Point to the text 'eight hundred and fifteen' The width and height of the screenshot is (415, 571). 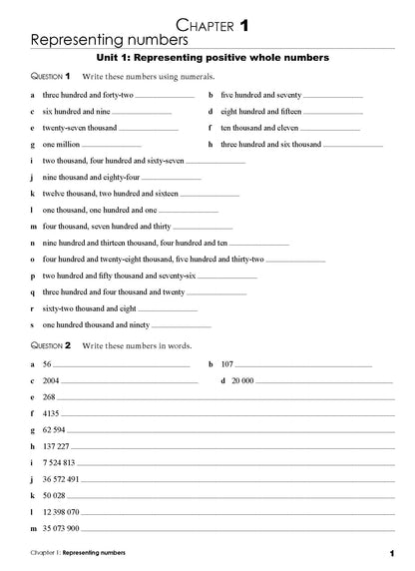[260, 112]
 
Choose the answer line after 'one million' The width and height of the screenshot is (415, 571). [116, 145]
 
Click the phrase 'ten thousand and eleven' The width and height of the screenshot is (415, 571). [258, 129]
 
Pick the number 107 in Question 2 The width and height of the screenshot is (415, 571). [227, 364]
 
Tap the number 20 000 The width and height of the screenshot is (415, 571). [243, 380]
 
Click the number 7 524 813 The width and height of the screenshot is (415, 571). [59, 463]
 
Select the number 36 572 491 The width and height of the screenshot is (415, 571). [62, 479]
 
